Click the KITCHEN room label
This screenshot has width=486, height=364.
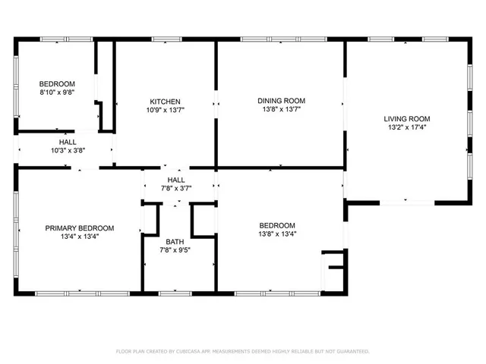click(165, 102)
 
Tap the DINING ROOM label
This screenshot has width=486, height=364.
click(281, 100)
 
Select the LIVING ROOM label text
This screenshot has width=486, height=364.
click(406, 118)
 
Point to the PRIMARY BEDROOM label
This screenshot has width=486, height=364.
click(79, 227)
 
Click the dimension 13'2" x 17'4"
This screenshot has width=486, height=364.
click(406, 127)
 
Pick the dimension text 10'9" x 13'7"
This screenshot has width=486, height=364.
click(165, 110)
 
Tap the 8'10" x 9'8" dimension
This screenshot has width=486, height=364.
click(57, 92)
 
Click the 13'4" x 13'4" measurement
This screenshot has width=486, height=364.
click(79, 236)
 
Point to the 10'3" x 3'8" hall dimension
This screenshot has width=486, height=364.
click(68, 150)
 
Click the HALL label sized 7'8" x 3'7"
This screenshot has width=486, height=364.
click(176, 179)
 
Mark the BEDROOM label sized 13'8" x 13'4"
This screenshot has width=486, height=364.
click(277, 225)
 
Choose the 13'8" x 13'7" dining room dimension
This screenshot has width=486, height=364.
click(281, 108)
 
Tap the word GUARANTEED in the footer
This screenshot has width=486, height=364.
click(352, 351)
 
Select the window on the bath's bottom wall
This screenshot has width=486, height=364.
click(179, 293)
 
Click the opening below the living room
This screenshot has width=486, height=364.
click(407, 201)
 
